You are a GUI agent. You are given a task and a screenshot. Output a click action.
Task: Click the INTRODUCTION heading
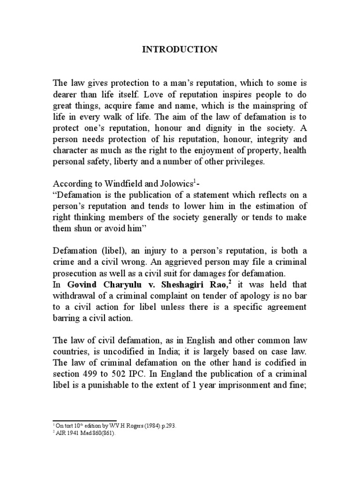point(180,49)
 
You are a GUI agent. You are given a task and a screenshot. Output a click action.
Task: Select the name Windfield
point(115,185)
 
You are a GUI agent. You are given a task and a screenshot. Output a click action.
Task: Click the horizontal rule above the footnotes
point(84,420)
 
